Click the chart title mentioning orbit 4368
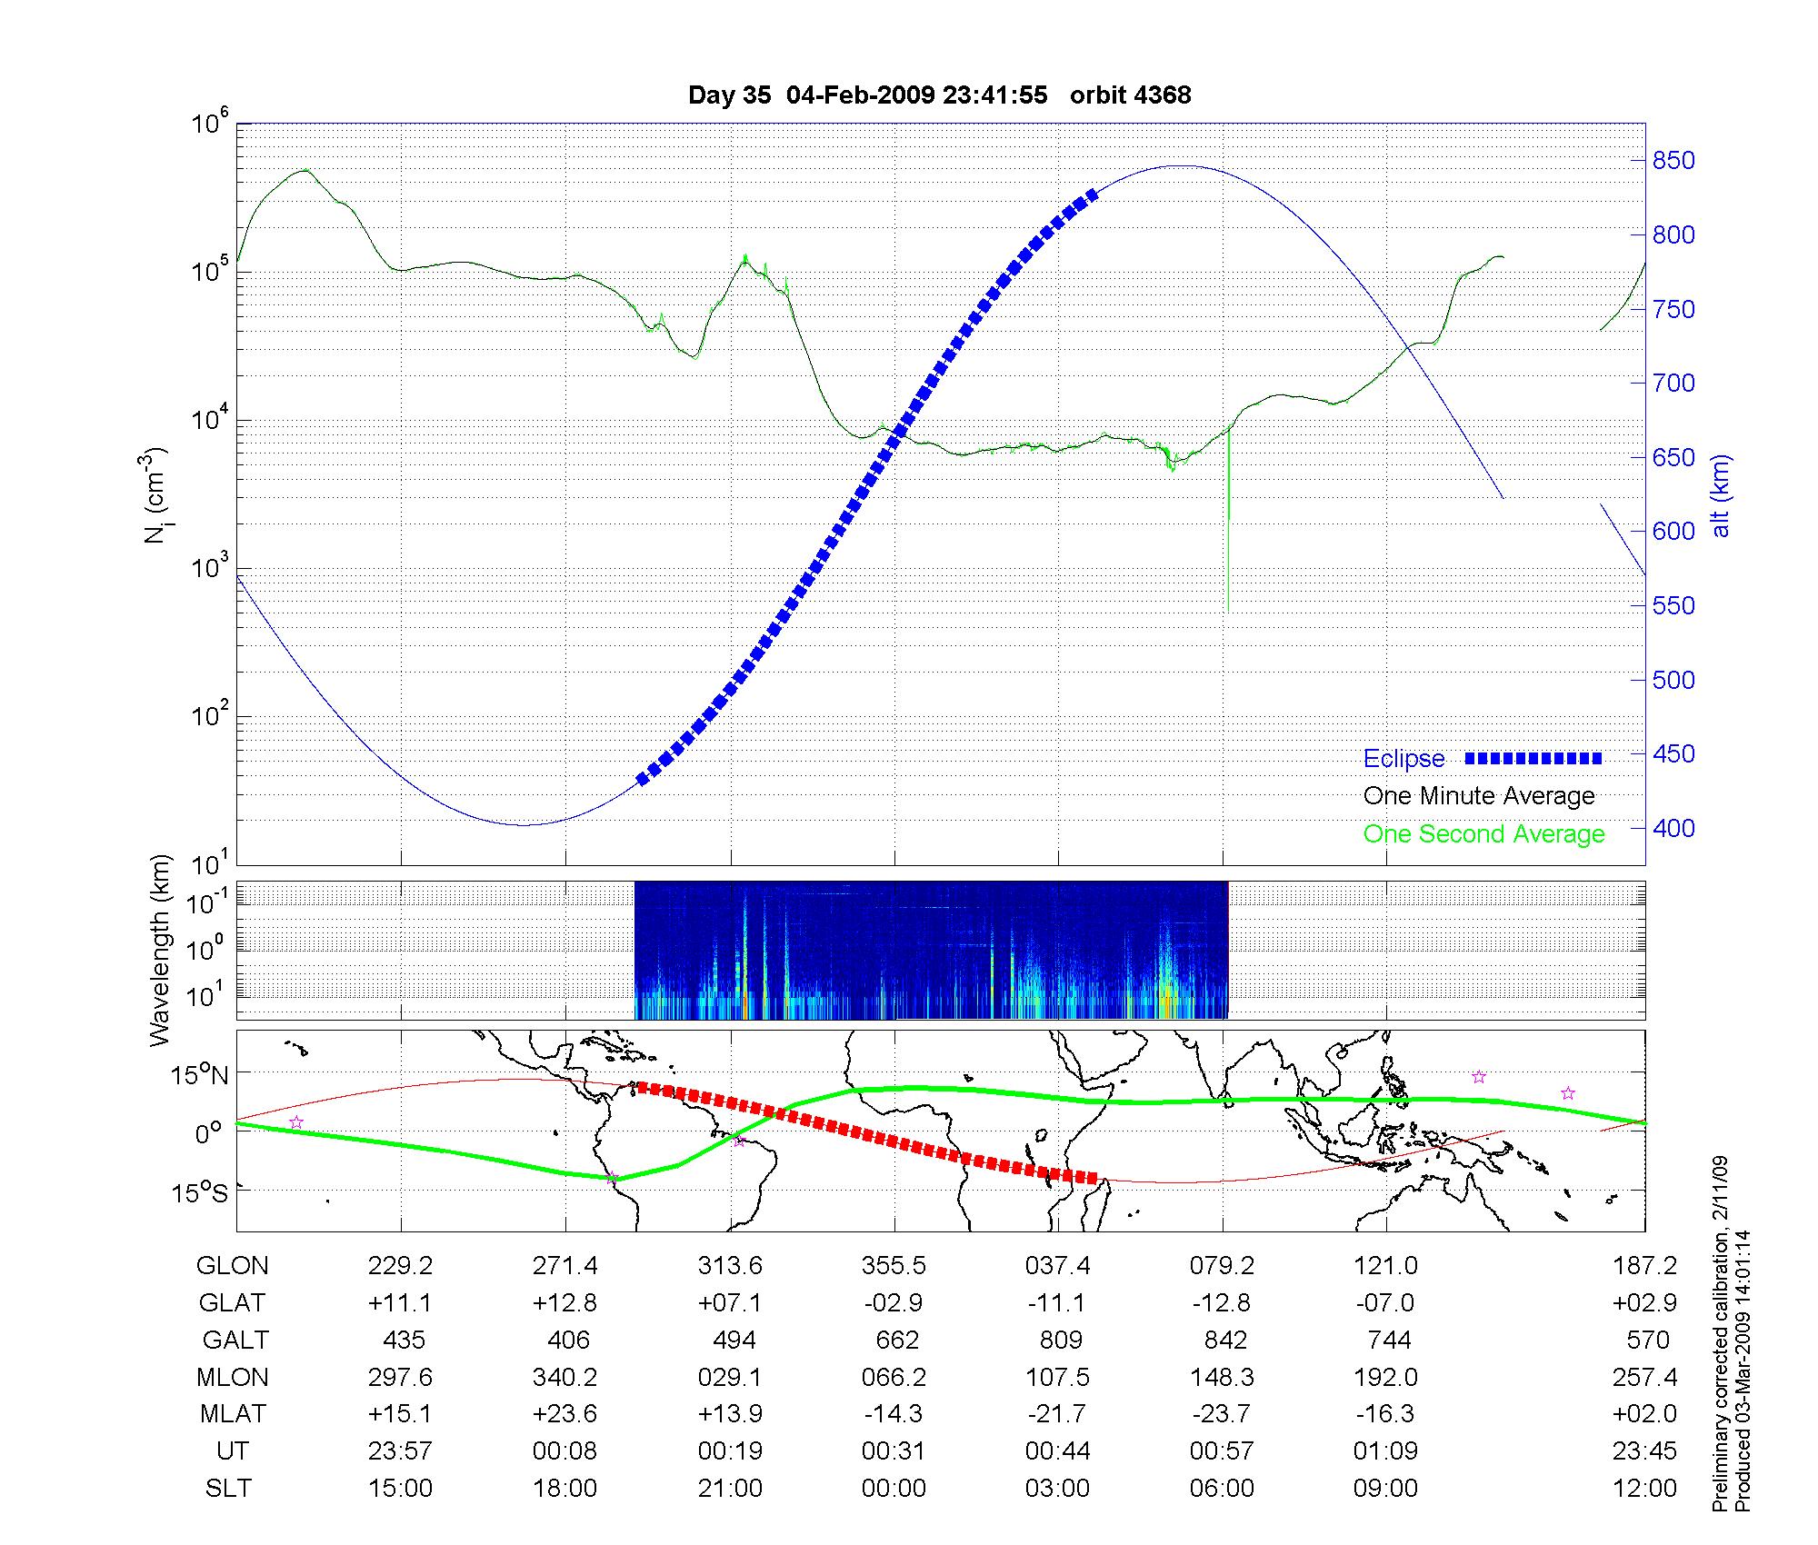[939, 95]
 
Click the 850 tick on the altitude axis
[1673, 161]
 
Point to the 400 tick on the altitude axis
[1673, 828]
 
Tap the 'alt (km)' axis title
[1721, 495]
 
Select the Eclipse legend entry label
[1403, 759]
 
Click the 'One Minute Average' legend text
[1479, 796]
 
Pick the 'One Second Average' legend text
[1483, 834]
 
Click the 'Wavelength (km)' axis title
[161, 950]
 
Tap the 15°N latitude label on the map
[201, 1076]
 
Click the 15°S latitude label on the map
[201, 1191]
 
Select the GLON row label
[233, 1266]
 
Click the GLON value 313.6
[730, 1266]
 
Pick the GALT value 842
[1224, 1341]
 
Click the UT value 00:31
[894, 1451]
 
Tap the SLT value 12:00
[1644, 1489]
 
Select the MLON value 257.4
[1644, 1378]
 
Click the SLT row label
[229, 1489]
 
